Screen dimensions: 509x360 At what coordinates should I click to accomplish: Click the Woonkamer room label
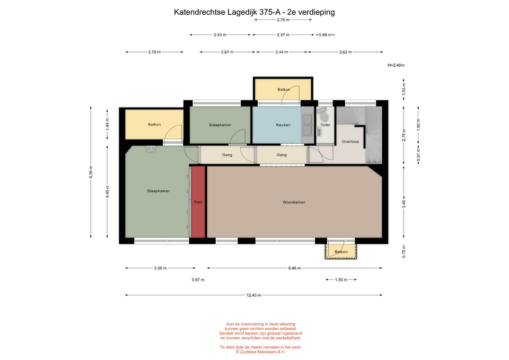pos(294,202)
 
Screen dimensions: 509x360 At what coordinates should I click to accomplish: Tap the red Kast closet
pos(198,202)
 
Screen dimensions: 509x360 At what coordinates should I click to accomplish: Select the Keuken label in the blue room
pos(283,125)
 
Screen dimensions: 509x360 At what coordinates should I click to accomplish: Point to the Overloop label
pos(350,142)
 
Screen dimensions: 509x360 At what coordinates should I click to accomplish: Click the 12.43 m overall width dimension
pos(254,295)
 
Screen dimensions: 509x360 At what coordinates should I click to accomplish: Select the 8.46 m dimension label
pos(294,268)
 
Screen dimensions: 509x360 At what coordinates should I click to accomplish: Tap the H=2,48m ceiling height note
pos(396,65)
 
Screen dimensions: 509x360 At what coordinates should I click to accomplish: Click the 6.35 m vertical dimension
pos(91,172)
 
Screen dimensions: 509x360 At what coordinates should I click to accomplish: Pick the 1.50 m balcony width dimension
pos(341,279)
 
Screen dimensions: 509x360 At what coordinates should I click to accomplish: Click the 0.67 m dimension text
pos(198,279)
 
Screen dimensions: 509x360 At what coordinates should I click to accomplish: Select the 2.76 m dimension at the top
pos(283,20)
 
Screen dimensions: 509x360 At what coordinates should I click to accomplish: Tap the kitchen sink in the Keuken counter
pos(307,125)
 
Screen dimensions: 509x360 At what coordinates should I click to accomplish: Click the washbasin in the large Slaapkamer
pos(151,149)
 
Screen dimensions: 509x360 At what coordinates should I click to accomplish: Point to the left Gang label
pos(227,155)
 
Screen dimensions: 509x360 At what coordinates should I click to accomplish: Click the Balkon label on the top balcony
pos(284,90)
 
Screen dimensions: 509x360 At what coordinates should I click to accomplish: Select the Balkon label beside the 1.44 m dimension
pos(154,124)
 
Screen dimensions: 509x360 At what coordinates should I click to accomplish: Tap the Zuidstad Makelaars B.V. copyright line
pos(261,352)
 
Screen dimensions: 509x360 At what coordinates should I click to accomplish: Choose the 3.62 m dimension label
pos(345,52)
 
